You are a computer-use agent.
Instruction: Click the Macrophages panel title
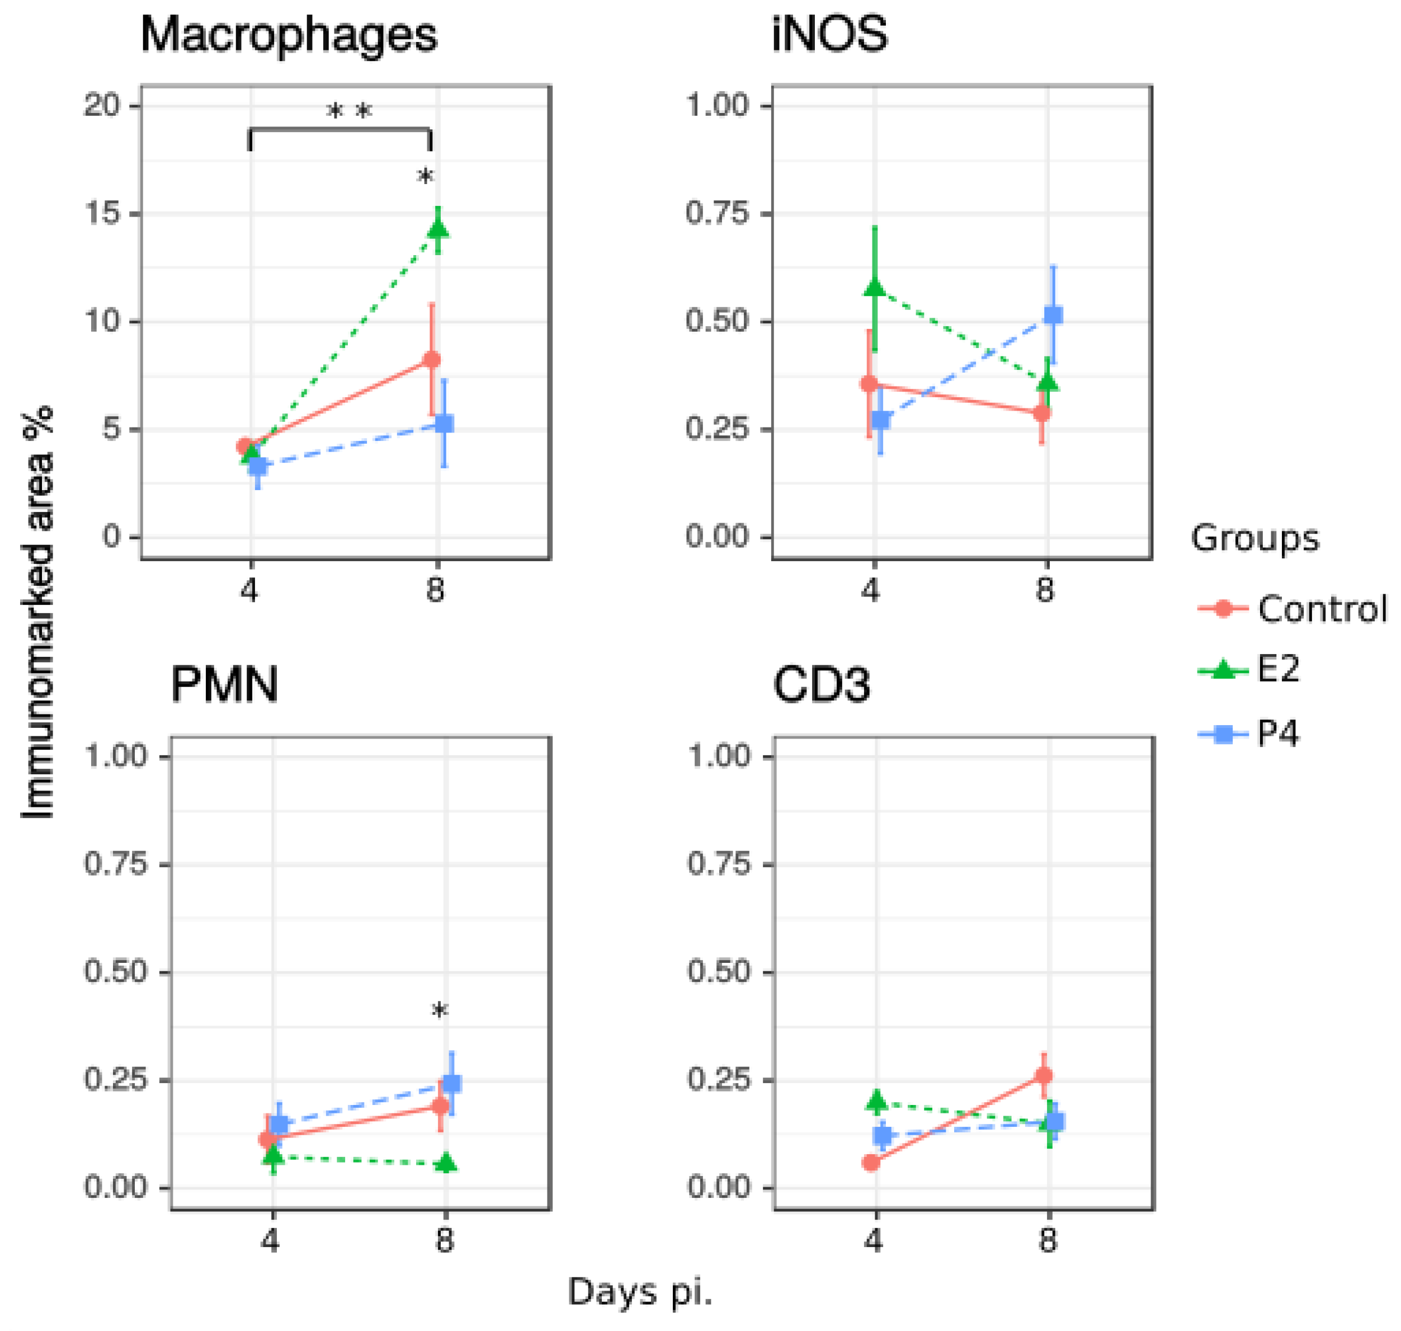point(289,35)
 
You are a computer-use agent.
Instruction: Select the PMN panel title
point(224,685)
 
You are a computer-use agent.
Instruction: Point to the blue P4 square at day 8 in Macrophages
point(444,424)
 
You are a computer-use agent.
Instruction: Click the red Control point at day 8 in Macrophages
point(431,360)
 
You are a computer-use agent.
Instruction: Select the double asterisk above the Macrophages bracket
point(348,112)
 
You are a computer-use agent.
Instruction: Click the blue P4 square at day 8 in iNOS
point(1054,315)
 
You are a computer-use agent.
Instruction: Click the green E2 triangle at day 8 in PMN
point(446,1162)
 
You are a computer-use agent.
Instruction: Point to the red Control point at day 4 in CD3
point(872,1162)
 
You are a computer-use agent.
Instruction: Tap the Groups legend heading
point(1254,539)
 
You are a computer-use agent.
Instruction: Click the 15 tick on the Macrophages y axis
point(103,214)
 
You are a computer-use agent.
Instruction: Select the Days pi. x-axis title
point(639,1291)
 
